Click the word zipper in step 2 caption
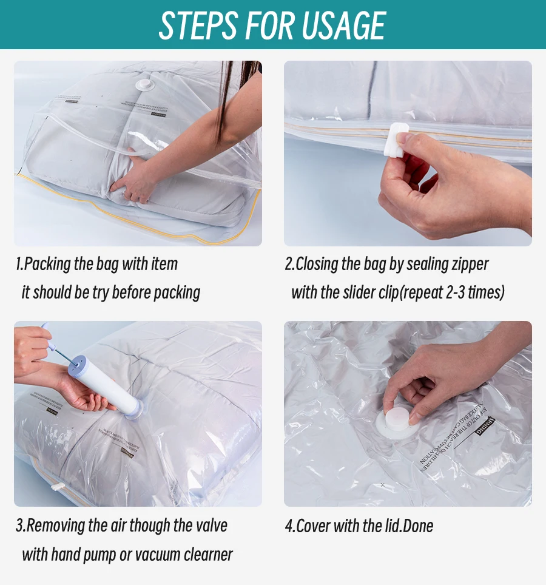pos(467,265)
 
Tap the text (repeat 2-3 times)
pos(452,292)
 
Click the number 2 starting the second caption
pos(289,265)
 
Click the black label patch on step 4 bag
pos(485,425)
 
